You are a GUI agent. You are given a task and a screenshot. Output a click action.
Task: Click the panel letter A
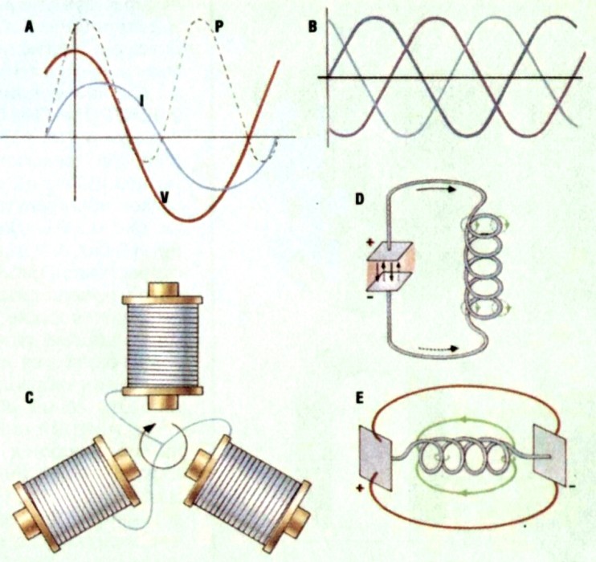[30, 26]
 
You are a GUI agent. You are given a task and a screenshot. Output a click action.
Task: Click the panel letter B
[314, 25]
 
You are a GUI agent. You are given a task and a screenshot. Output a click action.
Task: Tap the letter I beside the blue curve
[141, 100]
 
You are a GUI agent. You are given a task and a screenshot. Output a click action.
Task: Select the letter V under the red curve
[164, 195]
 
